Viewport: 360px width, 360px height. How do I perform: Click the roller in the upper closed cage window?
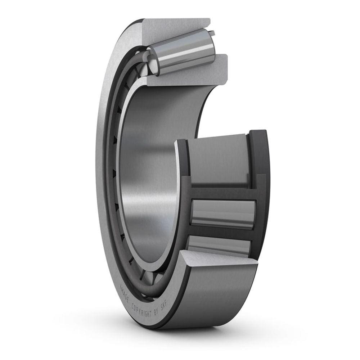223,214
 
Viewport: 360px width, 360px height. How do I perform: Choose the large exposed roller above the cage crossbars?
218,158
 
